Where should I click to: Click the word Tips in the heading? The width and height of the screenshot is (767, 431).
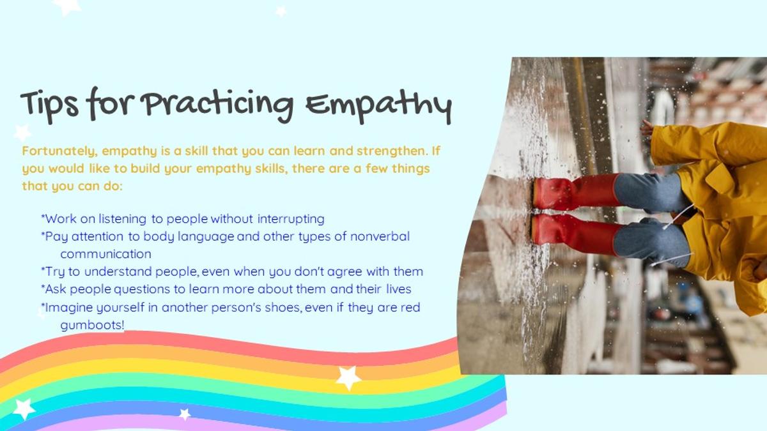(x=50, y=105)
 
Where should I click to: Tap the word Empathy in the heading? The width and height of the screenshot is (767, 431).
(x=378, y=106)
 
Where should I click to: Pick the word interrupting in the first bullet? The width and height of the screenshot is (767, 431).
(x=291, y=219)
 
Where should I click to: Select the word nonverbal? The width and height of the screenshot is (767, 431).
(x=380, y=236)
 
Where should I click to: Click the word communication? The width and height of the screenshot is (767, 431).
(x=106, y=254)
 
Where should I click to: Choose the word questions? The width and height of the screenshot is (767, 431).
(x=142, y=290)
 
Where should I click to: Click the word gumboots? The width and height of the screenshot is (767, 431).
(x=93, y=325)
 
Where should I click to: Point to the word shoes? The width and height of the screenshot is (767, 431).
(x=284, y=308)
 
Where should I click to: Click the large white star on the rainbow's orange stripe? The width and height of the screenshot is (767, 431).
(x=348, y=377)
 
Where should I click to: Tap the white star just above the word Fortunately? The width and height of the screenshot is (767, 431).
(x=22, y=133)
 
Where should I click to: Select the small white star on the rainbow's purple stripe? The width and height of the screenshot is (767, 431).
(x=185, y=414)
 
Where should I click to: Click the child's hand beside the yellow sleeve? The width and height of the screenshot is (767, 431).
(x=647, y=128)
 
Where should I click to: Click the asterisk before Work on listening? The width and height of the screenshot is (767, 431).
(x=43, y=216)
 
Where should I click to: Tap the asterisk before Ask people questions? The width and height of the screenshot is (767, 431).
(x=43, y=287)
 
